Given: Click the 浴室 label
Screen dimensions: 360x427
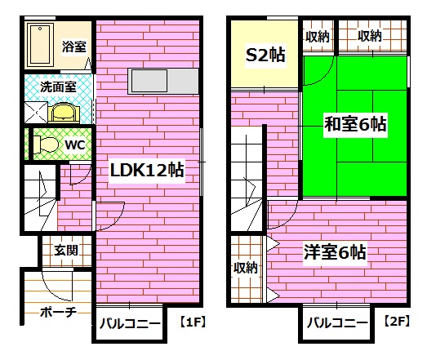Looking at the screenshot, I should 74,47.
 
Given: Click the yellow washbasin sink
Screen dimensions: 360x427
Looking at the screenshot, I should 60,111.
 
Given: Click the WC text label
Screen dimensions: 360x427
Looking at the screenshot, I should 75,145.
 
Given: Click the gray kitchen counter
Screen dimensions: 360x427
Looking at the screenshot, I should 162,81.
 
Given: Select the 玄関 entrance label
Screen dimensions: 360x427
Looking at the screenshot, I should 66,250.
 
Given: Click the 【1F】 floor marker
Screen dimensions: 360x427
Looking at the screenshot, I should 192,322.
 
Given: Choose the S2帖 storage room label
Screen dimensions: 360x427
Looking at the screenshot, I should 265,56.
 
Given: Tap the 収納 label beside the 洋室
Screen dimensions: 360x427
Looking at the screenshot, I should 246,267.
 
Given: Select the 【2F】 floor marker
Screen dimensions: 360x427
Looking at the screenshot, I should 398,322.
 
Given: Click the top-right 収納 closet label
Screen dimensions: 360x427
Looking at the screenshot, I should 369,36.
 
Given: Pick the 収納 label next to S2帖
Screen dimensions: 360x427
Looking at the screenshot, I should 318,36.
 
